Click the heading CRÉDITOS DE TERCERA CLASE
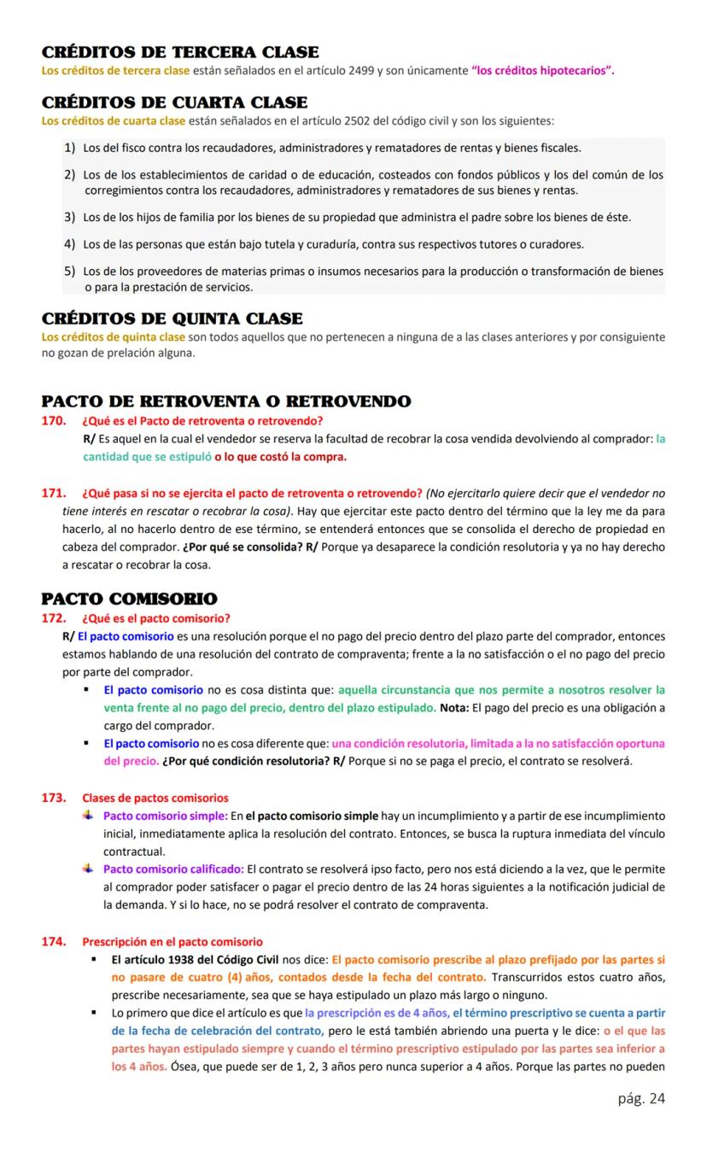[180, 53]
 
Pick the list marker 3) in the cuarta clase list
[70, 217]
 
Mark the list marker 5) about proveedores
[70, 272]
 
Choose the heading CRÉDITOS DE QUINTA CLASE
[172, 319]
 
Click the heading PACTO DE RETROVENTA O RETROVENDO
[226, 401]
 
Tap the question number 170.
[55, 420]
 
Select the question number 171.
[55, 493]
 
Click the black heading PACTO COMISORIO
[129, 599]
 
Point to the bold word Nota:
[454, 707]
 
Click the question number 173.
[55, 798]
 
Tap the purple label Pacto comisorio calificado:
[173, 869]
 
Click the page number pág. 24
[640, 1098]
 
